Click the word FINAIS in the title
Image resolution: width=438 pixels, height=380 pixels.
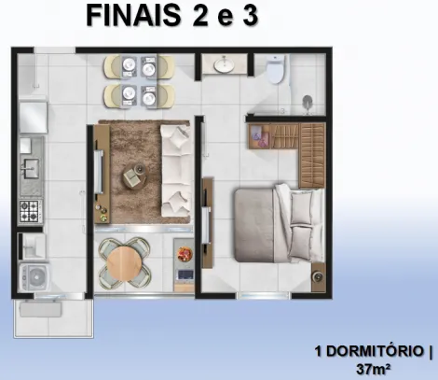point(134,16)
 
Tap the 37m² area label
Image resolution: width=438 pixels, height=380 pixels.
point(373,370)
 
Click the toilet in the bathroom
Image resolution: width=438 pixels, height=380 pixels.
point(276,69)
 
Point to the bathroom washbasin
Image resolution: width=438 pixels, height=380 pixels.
point(224,64)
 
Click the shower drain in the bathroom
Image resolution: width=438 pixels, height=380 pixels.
point(308,101)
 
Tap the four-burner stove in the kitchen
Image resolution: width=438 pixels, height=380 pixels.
point(30,211)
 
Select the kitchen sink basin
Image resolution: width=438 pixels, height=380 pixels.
point(30,169)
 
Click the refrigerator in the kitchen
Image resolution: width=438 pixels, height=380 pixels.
point(34,117)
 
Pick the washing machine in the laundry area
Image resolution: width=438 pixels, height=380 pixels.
point(34,277)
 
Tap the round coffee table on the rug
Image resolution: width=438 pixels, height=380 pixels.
point(135,176)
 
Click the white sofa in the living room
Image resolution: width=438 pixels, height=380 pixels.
point(175,171)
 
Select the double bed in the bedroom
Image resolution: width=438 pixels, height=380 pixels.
point(279,223)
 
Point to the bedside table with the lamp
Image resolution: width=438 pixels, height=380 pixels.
point(318,276)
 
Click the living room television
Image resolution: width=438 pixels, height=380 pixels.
point(100,172)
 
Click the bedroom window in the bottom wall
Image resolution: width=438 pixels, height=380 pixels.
point(264,295)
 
